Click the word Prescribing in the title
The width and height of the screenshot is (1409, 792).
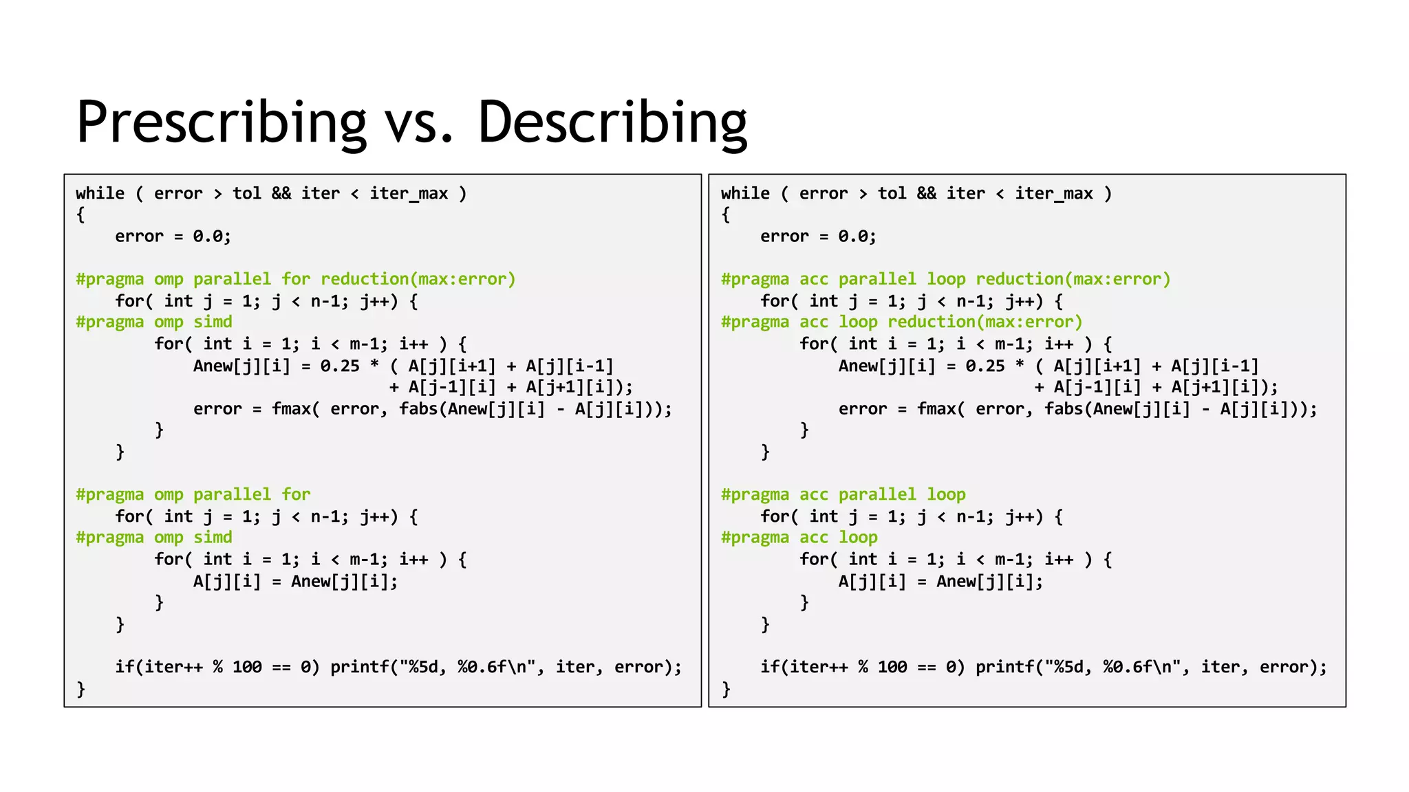click(222, 122)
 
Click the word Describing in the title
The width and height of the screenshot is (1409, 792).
click(612, 122)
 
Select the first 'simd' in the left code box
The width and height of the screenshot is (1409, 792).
click(213, 322)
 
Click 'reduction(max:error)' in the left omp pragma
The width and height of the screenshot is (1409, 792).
click(418, 279)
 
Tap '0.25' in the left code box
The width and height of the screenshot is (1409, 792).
click(340, 366)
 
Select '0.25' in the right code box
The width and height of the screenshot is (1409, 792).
click(985, 366)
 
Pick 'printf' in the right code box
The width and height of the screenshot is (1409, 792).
click(1005, 667)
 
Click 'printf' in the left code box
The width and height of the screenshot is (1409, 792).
click(360, 667)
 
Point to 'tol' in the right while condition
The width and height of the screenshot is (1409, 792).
click(892, 194)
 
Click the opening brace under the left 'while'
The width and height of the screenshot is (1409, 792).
click(80, 215)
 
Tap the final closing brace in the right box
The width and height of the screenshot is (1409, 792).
click(726, 689)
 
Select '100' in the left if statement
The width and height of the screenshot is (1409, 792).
click(247, 667)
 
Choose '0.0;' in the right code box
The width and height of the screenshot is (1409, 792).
click(857, 236)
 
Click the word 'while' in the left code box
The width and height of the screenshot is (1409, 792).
click(100, 194)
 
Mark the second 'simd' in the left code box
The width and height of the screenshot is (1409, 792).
click(213, 538)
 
